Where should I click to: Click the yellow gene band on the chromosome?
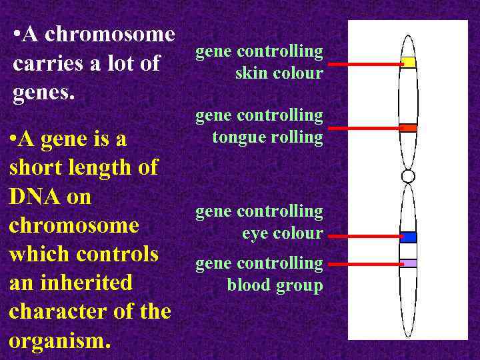point(408,63)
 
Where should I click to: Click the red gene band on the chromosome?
point(408,127)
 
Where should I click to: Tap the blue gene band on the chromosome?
point(408,237)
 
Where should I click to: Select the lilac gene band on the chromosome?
point(408,263)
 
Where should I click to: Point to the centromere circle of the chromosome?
point(408,176)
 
